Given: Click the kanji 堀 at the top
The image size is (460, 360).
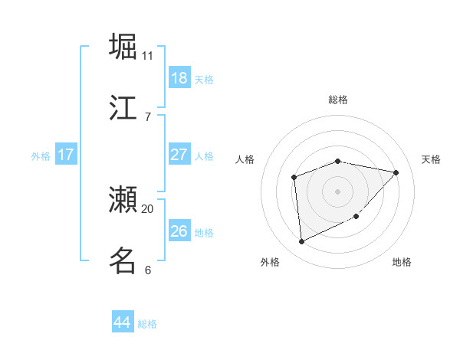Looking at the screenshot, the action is (x=123, y=46).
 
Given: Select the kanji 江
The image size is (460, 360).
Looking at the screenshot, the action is (x=123, y=107).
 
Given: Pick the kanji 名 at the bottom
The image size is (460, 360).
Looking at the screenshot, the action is (x=123, y=260).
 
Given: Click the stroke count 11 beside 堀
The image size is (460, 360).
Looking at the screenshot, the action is (x=148, y=55).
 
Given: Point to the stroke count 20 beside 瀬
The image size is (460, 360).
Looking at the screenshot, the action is (x=148, y=208).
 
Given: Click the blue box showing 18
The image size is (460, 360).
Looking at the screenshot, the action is (x=179, y=77).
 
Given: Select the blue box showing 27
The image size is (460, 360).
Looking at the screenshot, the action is (x=179, y=155).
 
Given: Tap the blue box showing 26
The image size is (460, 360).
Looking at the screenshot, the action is (x=179, y=231).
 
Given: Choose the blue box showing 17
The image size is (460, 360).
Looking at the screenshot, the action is (x=66, y=155).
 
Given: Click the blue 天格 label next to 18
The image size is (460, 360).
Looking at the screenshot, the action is (x=204, y=79).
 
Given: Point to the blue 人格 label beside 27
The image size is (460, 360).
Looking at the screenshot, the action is (x=204, y=156).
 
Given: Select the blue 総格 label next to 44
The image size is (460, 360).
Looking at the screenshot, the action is (x=147, y=324).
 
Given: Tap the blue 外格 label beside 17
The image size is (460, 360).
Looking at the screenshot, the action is (x=41, y=156).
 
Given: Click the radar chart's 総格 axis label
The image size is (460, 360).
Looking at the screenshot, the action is (x=338, y=100).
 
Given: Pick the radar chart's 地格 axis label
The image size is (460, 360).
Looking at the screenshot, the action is (x=402, y=262).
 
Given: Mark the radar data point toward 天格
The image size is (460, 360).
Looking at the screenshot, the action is (x=396, y=172).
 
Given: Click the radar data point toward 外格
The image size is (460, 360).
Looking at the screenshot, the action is (x=302, y=242).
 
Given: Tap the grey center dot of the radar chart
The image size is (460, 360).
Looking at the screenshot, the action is (x=337, y=191).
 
